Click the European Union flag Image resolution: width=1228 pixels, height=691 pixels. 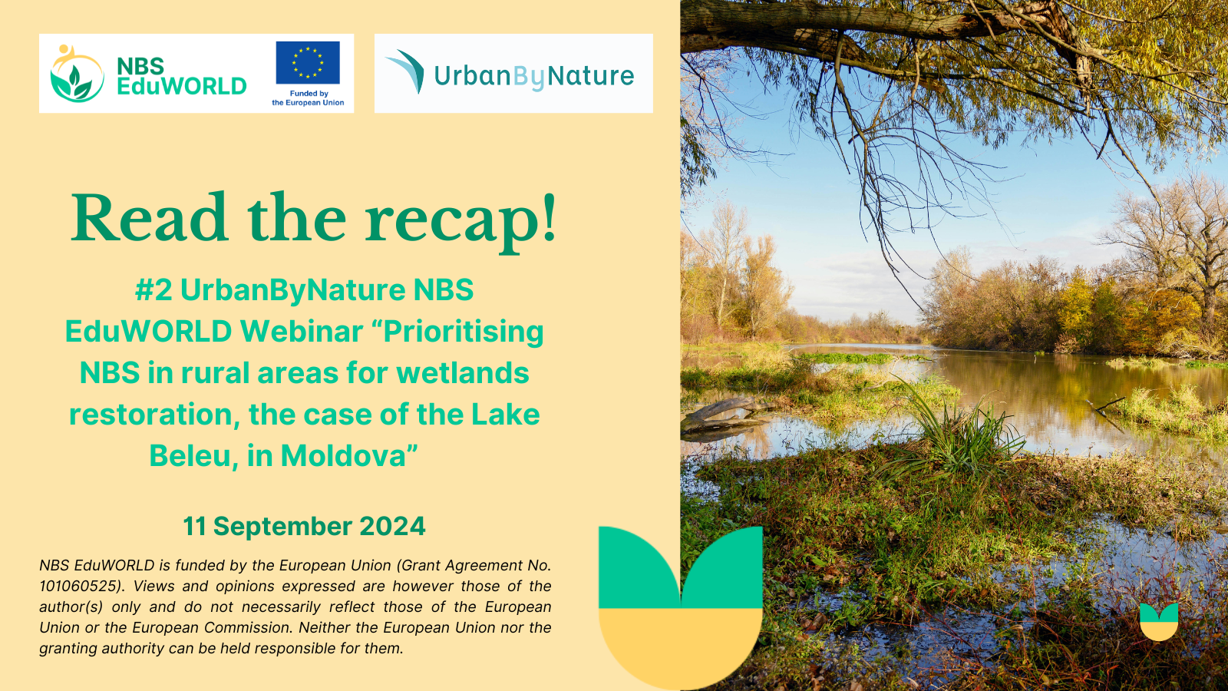(308, 62)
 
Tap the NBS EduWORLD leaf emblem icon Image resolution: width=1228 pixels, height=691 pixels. (77, 74)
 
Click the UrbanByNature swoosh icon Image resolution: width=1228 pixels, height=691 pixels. (406, 71)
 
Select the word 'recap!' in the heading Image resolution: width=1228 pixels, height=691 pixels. (461, 220)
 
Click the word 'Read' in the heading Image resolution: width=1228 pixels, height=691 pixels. (149, 217)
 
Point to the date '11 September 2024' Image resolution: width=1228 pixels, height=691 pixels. (304, 527)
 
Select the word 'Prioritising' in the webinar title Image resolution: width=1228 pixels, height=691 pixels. (464, 332)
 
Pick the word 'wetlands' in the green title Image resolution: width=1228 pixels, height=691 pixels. (463, 373)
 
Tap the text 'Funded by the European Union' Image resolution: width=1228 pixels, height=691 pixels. (308, 98)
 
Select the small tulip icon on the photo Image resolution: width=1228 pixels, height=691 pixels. (1158, 622)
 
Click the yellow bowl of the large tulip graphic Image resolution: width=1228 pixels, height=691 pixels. (680, 644)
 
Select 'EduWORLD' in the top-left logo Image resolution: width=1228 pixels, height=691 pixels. (181, 86)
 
